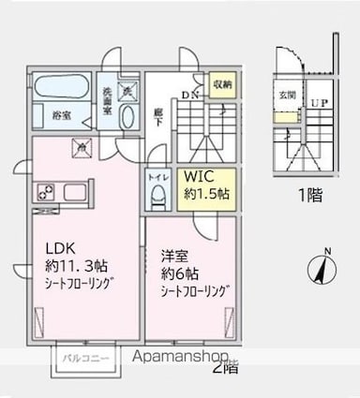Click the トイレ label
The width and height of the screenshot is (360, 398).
158,175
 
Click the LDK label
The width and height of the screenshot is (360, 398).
61,248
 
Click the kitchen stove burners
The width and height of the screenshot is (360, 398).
45,194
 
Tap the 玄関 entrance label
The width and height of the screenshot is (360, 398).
286,96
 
